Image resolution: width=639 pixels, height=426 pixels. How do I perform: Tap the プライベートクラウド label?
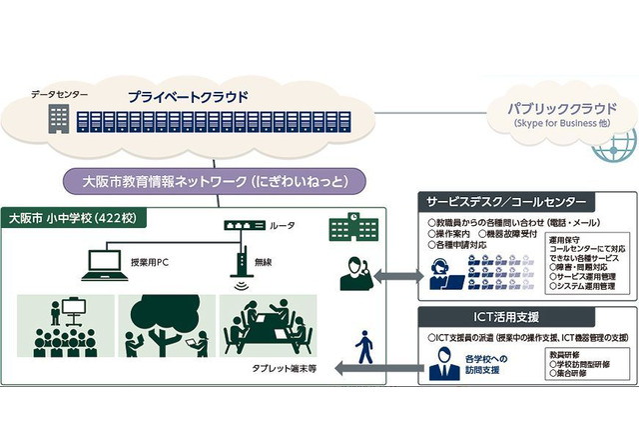tap(187, 97)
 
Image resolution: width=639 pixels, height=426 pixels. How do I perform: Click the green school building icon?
tap(342, 229)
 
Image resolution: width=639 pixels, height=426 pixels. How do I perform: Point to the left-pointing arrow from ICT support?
tap(375, 370)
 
